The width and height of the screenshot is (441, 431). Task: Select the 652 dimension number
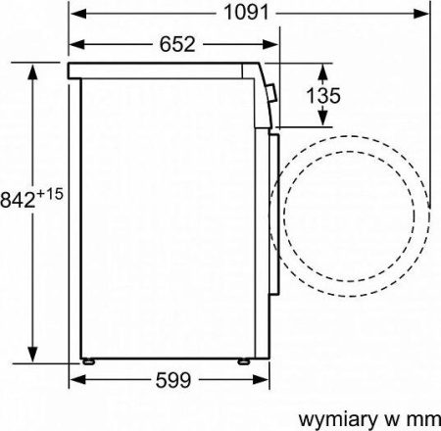coord(171,45)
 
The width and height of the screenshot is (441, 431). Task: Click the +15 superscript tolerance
coord(52,194)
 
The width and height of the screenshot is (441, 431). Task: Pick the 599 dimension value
coord(172,379)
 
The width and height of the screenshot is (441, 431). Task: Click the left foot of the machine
coord(91,359)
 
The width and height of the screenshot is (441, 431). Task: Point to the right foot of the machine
coord(241,359)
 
